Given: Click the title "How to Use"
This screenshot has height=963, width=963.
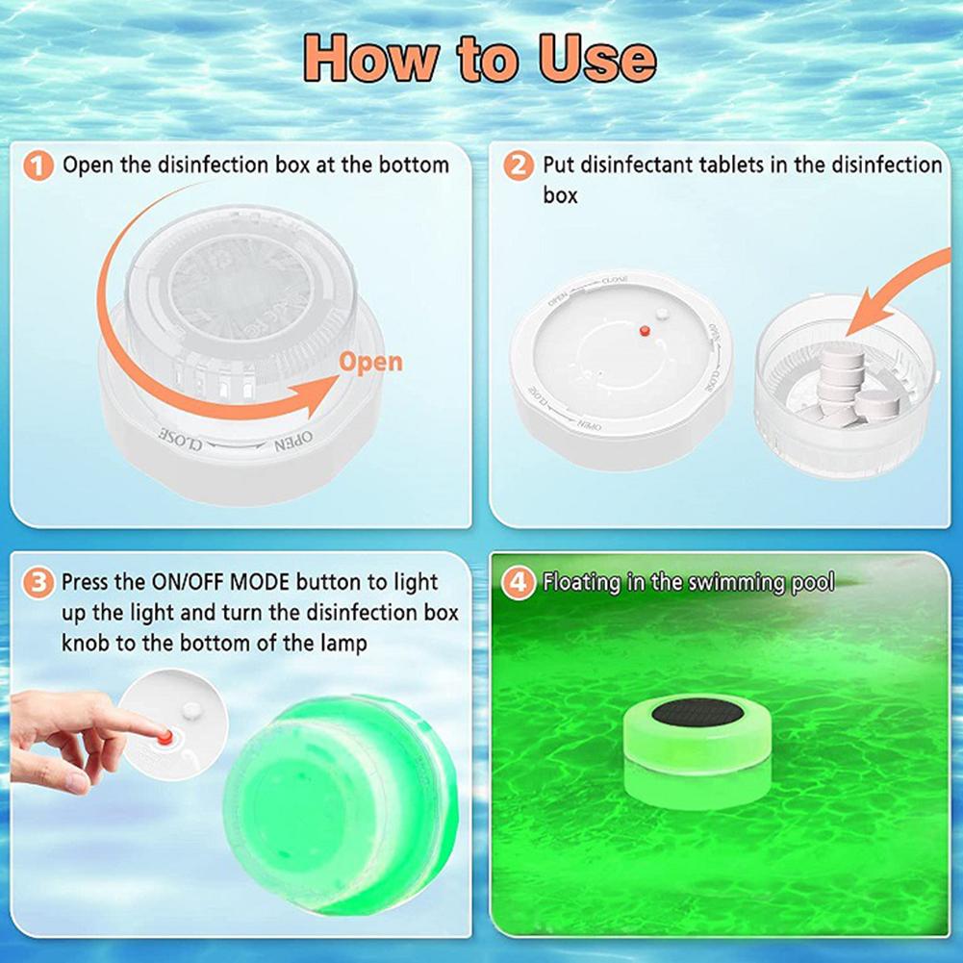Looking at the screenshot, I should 481,60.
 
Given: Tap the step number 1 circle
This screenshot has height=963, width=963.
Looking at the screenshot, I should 38,165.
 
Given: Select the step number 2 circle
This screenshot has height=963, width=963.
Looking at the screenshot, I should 519,165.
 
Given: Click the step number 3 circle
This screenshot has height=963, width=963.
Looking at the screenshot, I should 38,583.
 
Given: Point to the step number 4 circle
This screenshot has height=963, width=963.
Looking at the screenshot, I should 519,583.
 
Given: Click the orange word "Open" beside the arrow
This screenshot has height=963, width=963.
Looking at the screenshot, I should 370,363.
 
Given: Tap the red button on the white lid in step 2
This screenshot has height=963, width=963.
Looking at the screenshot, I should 644,331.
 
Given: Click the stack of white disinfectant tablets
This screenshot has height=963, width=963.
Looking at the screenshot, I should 845,384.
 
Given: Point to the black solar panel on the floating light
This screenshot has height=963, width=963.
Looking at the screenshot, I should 697,713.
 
